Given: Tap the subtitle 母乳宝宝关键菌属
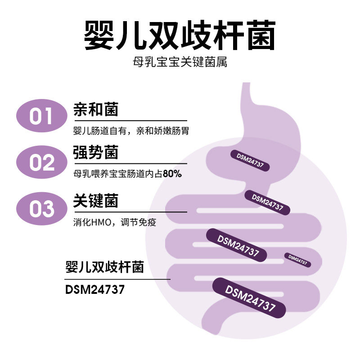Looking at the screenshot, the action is click(180, 61).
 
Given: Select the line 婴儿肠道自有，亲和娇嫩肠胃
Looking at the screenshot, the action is click(130, 131).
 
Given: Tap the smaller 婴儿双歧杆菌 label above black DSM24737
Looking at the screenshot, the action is click(104, 268).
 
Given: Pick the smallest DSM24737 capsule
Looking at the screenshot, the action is click(297, 260).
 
